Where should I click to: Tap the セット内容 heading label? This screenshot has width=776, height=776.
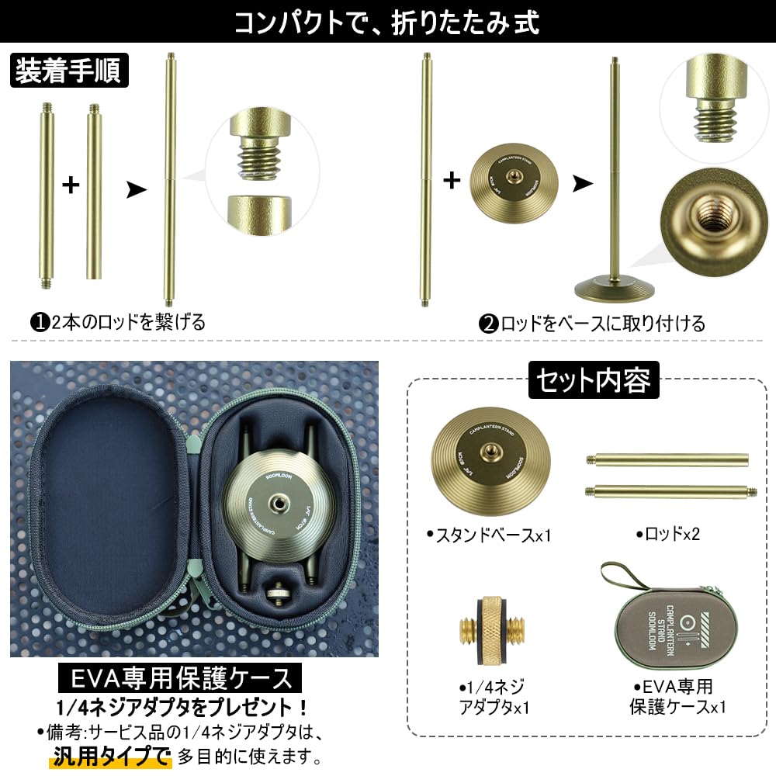point(594,380)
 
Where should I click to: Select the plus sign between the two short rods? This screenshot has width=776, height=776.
point(71,185)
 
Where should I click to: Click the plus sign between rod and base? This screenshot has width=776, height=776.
point(452,182)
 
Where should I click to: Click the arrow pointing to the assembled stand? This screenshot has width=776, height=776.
point(582,183)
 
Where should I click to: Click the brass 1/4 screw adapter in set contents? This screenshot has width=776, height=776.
point(490,631)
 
